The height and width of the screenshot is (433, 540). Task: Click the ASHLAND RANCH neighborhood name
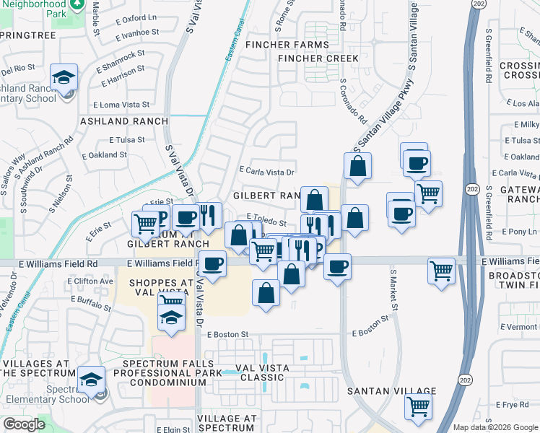124,121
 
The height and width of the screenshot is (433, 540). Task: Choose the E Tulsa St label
126,140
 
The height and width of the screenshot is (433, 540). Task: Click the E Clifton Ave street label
94,281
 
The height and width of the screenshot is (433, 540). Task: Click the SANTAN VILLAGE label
391,391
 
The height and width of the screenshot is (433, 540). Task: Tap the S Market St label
394,290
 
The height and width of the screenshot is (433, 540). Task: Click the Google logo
24,424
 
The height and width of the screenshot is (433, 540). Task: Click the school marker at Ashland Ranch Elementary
64,76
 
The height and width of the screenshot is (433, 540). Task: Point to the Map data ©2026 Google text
496,427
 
